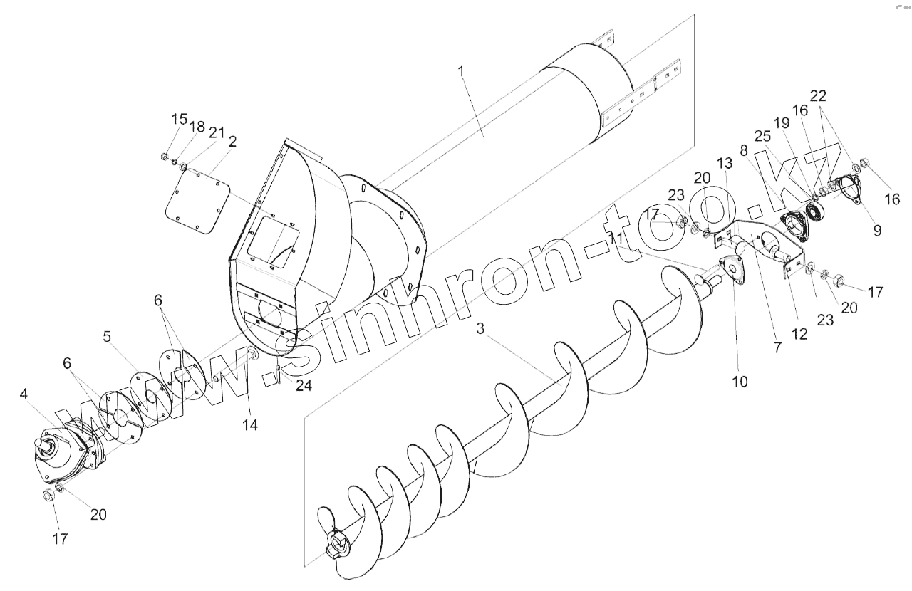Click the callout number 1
[461, 71]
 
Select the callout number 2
[232, 142]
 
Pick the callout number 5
[108, 336]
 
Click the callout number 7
[777, 348]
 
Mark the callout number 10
[740, 381]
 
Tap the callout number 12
[800, 333]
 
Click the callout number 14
[249, 425]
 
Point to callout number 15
[179, 119]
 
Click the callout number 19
[782, 123]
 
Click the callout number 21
[217, 133]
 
